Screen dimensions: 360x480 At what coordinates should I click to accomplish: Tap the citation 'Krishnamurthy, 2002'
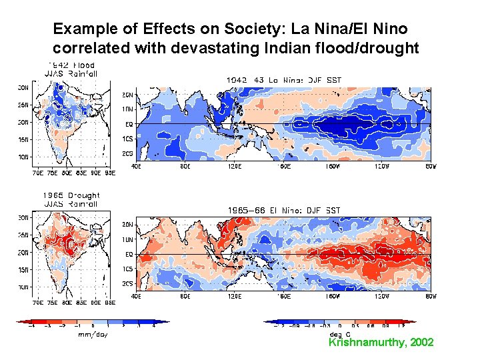pos(381,342)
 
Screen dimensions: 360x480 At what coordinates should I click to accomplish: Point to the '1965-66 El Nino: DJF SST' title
pos(284,210)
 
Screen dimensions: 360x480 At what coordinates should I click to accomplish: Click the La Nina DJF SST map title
pos(284,79)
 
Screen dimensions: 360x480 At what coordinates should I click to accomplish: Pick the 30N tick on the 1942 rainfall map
pos(22,87)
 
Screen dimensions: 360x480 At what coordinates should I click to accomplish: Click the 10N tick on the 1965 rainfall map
pos(22,287)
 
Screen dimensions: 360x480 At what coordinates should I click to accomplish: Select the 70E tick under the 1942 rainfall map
pos(38,173)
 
